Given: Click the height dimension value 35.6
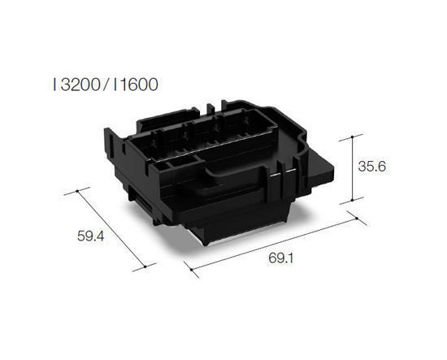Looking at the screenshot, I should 371,167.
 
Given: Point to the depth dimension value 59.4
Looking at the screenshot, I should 93,237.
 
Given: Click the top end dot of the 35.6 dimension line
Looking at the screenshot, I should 351,135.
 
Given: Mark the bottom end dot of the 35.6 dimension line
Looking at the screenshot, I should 351,201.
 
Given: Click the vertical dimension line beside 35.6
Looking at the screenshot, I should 351,167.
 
